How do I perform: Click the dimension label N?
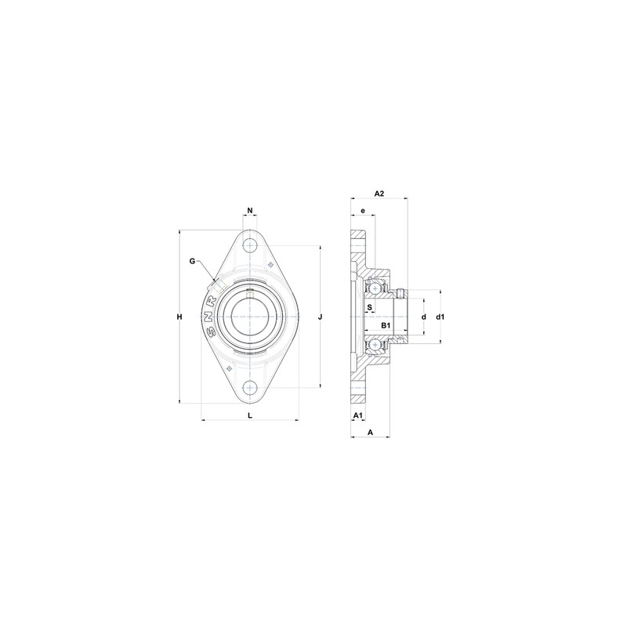click(x=250, y=211)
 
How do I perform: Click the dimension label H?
click(x=179, y=317)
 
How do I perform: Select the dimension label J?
click(x=321, y=317)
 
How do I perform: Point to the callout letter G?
click(x=192, y=261)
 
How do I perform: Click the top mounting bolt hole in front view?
click(x=250, y=245)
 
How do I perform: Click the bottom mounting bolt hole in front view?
click(x=250, y=387)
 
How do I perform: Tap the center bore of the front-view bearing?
click(x=250, y=317)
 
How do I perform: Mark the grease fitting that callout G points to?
click(x=216, y=277)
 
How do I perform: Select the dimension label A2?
click(x=379, y=193)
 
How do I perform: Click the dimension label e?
click(x=363, y=211)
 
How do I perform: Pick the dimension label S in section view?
click(x=369, y=307)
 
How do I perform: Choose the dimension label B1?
click(x=386, y=324)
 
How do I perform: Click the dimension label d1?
click(x=440, y=317)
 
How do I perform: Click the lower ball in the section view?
click(x=376, y=344)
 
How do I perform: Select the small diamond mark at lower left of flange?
click(x=229, y=368)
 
